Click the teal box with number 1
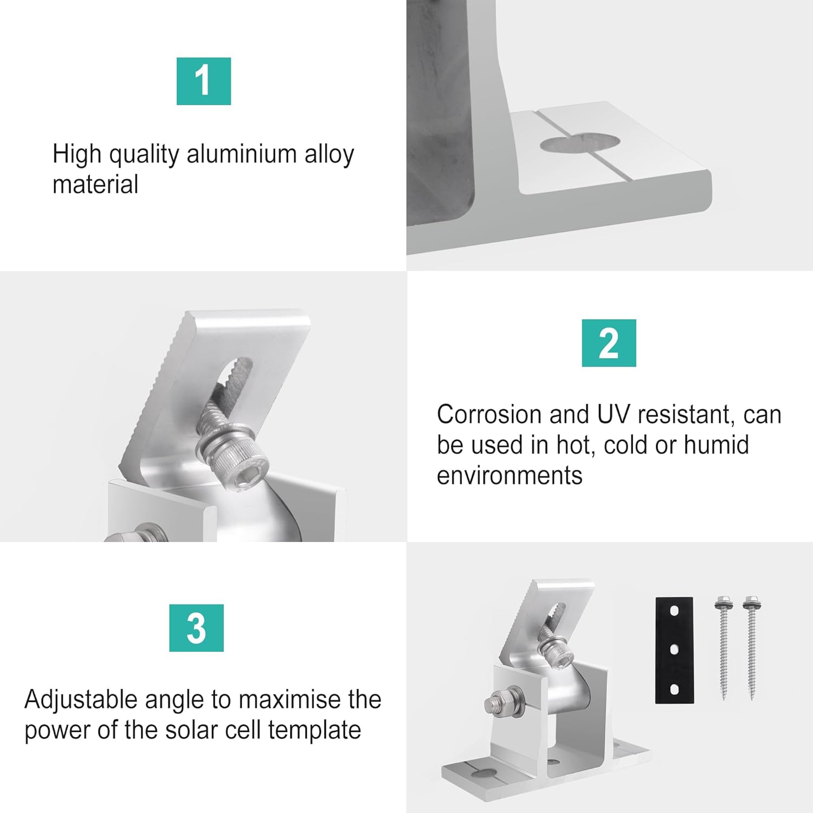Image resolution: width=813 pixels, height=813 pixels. (x=204, y=81)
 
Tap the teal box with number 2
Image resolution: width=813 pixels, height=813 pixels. (x=609, y=343)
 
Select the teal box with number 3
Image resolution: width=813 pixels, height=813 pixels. (x=196, y=628)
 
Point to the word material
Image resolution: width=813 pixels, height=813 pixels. (x=95, y=184)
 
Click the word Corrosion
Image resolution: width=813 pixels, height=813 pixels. (x=489, y=415)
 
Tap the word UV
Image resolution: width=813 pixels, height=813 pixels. (x=614, y=415)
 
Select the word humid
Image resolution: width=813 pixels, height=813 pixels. (x=716, y=445)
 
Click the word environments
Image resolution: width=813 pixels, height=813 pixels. (x=509, y=475)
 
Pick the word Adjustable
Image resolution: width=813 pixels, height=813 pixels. (x=81, y=700)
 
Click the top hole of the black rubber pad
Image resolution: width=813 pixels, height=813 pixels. (x=674, y=611)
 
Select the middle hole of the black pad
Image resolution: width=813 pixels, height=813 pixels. (x=674, y=650)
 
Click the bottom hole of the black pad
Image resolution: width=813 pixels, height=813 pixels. (x=674, y=689)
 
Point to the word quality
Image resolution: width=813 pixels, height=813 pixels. (x=144, y=155)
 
